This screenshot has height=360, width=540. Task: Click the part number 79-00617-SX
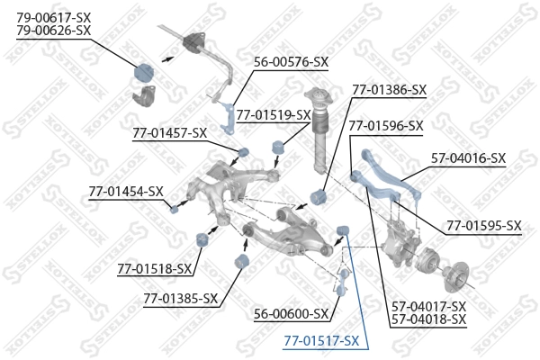tap(54, 16)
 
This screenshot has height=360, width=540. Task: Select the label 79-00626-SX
tap(54, 30)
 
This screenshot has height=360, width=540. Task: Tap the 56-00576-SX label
tap(291, 62)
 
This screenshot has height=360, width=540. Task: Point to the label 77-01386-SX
tap(389, 90)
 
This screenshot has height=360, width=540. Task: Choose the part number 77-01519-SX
tap(273, 114)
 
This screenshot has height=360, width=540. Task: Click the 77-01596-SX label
tap(385, 125)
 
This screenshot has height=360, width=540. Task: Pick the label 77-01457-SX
tap(169, 132)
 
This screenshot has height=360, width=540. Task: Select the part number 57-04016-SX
tap(468, 157)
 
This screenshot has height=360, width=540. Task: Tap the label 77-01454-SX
tap(126, 191)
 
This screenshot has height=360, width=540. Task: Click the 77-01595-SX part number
tap(483, 225)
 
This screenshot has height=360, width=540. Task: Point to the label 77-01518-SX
tap(155, 268)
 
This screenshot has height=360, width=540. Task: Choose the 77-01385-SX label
tap(180, 298)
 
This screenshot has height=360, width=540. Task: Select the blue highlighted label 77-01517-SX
tap(321, 341)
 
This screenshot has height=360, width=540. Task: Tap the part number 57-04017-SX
tap(428, 306)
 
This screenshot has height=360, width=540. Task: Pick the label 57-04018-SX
tap(428, 319)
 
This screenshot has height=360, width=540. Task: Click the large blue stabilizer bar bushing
tap(145, 72)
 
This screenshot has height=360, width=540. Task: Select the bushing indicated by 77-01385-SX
tap(240, 261)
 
